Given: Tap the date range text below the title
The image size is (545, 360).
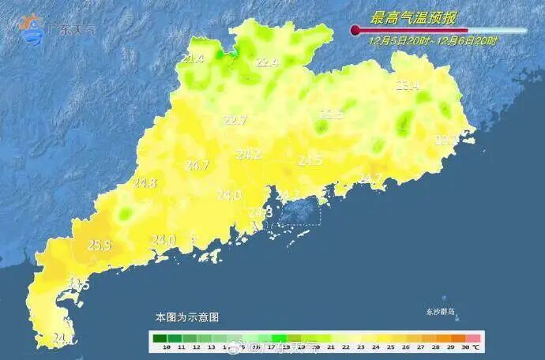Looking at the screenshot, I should (x=433, y=40).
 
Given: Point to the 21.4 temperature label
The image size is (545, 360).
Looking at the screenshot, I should (x=192, y=58).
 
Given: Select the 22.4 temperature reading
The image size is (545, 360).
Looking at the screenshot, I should (x=267, y=62).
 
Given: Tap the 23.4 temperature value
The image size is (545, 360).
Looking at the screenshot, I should (x=407, y=86).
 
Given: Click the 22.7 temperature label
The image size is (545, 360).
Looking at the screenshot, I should (x=235, y=120).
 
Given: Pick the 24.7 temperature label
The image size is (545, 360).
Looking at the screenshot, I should (x=197, y=165).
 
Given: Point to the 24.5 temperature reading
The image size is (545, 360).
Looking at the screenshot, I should (x=310, y=160).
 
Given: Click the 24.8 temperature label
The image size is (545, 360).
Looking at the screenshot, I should (x=145, y=183).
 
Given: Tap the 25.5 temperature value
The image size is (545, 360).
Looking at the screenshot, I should (x=99, y=246).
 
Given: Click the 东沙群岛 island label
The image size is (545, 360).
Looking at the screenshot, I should (x=441, y=312).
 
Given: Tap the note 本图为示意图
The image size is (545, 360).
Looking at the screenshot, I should (x=186, y=317).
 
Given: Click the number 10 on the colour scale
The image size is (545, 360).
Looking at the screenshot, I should (x=166, y=347).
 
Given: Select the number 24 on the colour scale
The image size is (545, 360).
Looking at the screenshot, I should (x=374, y=347).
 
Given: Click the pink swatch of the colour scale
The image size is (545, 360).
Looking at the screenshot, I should (x=471, y=337).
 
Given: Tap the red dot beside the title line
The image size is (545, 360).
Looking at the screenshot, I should (x=355, y=31).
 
